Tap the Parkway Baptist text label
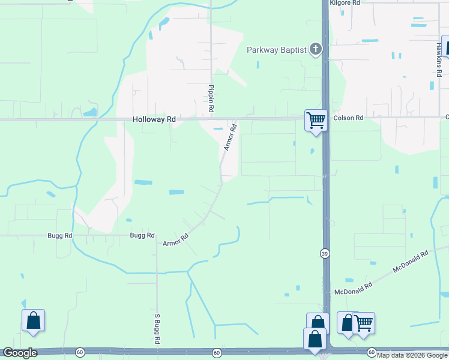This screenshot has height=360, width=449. (277, 50)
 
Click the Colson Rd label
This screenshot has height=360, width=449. (349, 118)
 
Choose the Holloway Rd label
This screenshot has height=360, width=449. (154, 119)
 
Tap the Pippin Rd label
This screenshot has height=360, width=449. (211, 99)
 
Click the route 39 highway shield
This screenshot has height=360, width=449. (324, 253)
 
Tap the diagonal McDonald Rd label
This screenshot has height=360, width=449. (411, 262)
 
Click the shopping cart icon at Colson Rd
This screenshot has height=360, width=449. (316, 120)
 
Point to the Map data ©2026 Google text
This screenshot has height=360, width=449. (412, 355)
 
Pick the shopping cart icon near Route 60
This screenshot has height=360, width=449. (364, 323)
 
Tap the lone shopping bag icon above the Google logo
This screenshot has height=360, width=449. (34, 320)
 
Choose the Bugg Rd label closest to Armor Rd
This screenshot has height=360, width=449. (142, 235)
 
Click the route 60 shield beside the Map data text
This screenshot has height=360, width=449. (371, 352)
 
